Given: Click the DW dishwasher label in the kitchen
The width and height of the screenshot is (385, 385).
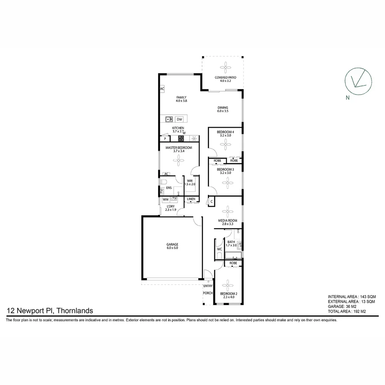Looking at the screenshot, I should coord(179,119).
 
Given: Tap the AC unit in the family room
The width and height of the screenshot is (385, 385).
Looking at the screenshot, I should coord(162,89).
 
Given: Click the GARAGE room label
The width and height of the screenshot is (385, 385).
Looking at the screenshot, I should coord(172,246).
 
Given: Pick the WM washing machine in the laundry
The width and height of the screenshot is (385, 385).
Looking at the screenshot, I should coord(165,200).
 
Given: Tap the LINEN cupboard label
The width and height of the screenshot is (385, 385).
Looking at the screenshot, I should coord(191,199).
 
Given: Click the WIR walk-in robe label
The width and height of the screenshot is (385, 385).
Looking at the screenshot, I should coord(190,183).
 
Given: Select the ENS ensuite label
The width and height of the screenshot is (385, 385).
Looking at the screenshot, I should coord(169,188).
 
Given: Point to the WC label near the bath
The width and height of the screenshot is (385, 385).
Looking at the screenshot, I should coord(220,249).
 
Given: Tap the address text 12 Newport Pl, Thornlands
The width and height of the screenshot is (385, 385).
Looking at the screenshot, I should coord(50,311).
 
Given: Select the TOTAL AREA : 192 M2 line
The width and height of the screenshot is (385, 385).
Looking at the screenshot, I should coord(347,311).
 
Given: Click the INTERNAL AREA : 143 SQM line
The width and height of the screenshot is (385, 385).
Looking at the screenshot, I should coord(351,297).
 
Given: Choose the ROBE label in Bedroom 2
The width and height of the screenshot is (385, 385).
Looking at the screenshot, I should coord(233,263).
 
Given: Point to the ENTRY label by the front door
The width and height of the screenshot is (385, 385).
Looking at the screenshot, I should coord(208,286).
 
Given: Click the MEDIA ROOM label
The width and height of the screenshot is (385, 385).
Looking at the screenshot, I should coord(227,221).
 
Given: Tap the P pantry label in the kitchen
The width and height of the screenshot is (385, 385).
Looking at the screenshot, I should coord(165,139).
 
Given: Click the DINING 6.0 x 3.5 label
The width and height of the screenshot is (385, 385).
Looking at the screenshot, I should coord(223,109).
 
